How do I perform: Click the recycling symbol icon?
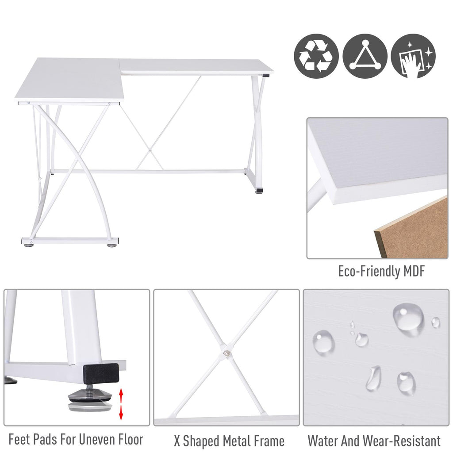pyautogui.click(x=316, y=56)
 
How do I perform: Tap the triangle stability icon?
pyautogui.click(x=365, y=56)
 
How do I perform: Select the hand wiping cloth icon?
pyautogui.click(x=413, y=56)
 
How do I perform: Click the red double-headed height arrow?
pyautogui.click(x=121, y=404)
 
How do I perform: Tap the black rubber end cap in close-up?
pyautogui.click(x=101, y=372)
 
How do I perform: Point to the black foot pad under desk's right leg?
pyautogui.click(x=259, y=191)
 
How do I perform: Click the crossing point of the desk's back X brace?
pyautogui.click(x=150, y=150)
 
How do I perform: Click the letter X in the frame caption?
pyautogui.click(x=177, y=441)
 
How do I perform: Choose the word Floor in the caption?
pyautogui.click(x=129, y=439)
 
